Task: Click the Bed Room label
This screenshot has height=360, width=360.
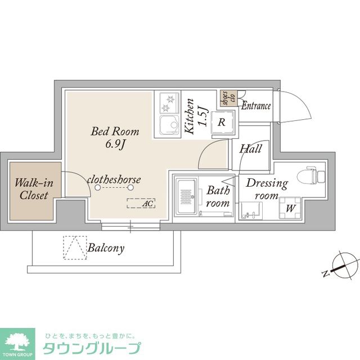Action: point(115,131)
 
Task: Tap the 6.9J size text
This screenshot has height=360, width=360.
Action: point(115,145)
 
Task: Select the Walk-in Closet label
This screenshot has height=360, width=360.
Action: point(34,189)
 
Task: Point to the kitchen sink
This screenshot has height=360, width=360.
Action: point(169,125)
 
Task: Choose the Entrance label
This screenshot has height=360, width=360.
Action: point(256,106)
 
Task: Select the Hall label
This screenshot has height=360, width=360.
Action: point(250,148)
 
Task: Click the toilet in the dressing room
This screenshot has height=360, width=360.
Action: point(311,175)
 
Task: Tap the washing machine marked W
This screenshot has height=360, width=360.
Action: point(290,208)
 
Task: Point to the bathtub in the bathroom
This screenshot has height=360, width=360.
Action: point(186,196)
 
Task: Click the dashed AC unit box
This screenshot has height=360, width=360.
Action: point(141,203)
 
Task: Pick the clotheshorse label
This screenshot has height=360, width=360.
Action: point(114,180)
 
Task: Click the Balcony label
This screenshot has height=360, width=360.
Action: point(106,248)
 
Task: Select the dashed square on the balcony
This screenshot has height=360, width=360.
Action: point(75,247)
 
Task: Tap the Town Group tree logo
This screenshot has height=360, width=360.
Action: point(17,343)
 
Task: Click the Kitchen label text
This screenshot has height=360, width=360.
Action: point(190,116)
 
